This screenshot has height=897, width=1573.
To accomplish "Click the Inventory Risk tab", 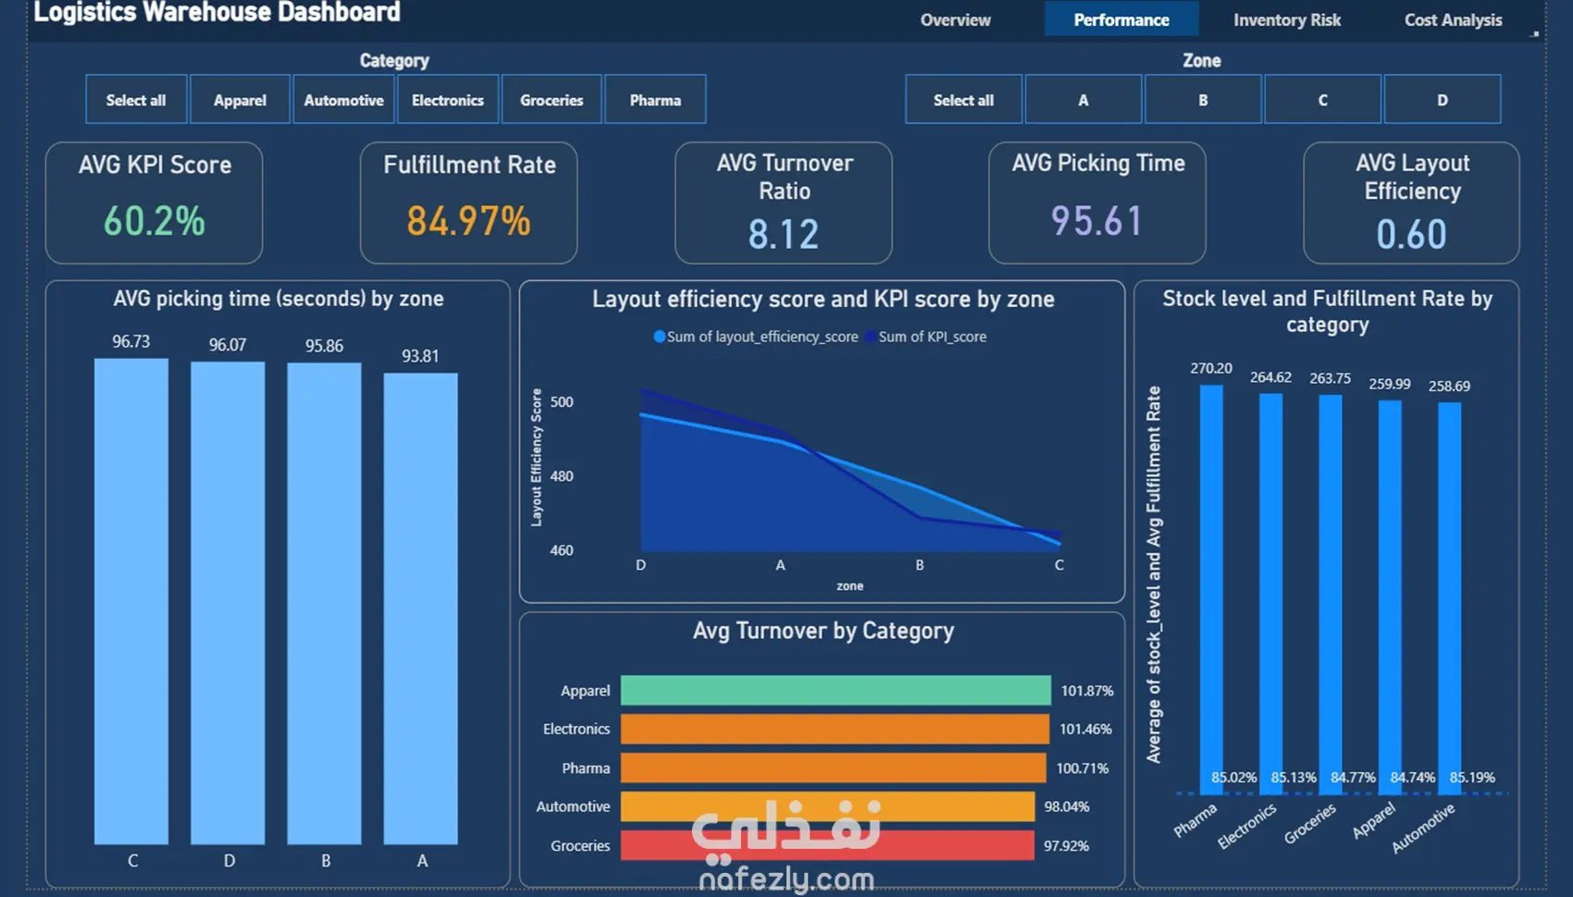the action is [1286, 19].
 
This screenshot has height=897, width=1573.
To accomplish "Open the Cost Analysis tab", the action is [1453, 19].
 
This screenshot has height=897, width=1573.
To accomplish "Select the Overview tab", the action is [955, 19].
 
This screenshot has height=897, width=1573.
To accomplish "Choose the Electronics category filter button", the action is [447, 100].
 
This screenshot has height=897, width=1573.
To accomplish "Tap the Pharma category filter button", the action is [655, 100].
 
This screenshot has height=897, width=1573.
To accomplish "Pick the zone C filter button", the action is [1322, 100].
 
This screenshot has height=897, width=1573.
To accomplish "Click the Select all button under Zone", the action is [963, 100].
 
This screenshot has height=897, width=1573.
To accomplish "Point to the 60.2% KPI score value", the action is [155, 220].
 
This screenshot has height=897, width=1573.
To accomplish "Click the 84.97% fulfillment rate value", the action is [468, 220].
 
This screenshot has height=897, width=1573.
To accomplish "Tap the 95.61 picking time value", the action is [1096, 220].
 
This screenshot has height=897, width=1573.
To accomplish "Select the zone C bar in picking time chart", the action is [131, 601].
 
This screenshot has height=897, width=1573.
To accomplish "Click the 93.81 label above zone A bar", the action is [420, 356].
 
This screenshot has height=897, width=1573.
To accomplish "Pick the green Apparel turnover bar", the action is [836, 690].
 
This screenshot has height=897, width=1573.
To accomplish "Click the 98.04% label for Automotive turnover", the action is [1067, 806].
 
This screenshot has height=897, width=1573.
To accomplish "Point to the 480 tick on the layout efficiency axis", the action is [561, 476].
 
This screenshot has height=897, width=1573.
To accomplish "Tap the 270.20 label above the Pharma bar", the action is [1210, 368].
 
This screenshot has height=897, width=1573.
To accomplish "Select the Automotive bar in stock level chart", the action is [1449, 598].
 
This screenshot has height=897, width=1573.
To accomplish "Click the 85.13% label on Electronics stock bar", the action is [1294, 777].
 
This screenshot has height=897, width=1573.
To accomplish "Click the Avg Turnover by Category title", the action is [823, 631].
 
